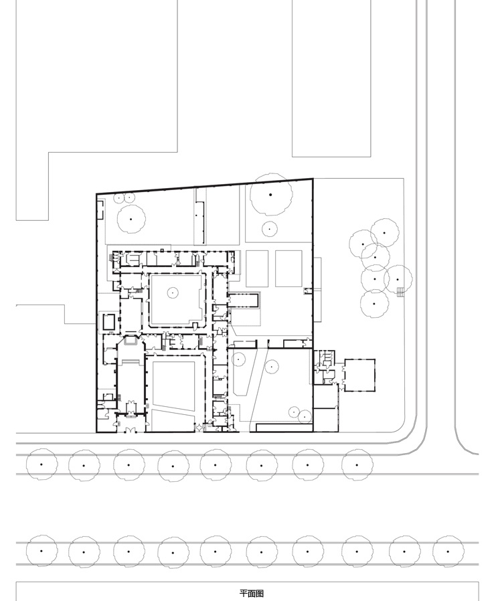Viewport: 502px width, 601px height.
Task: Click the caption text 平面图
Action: point(252,594)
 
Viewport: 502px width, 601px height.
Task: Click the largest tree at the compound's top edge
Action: point(270,194)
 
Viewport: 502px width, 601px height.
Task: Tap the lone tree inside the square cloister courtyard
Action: point(173,293)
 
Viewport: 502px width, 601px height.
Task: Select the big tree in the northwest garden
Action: point(131,220)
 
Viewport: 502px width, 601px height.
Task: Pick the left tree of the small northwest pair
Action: point(119,198)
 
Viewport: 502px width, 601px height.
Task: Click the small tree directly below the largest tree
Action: point(269,229)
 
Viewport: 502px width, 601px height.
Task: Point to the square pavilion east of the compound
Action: point(359,375)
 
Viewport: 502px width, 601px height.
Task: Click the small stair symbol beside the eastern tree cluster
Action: point(400,292)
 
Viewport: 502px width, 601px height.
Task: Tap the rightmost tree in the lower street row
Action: point(448,551)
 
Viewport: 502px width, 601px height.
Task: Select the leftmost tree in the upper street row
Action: point(41,464)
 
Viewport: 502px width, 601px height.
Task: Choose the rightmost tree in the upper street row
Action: point(357,465)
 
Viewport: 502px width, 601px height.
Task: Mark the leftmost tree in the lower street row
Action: point(41,551)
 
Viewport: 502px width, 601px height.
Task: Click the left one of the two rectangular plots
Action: point(257,268)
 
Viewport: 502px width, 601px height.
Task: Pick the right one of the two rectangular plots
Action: point(288,268)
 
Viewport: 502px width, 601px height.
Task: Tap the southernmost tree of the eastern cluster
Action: point(374,304)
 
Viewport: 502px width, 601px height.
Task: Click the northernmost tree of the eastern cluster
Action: point(384,233)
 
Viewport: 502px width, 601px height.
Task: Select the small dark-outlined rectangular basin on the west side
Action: point(109,321)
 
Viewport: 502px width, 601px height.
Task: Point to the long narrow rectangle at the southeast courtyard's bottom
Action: point(284,428)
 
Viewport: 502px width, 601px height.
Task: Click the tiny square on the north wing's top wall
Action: point(162,250)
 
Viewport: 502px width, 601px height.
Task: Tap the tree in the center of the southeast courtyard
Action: point(272,367)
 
